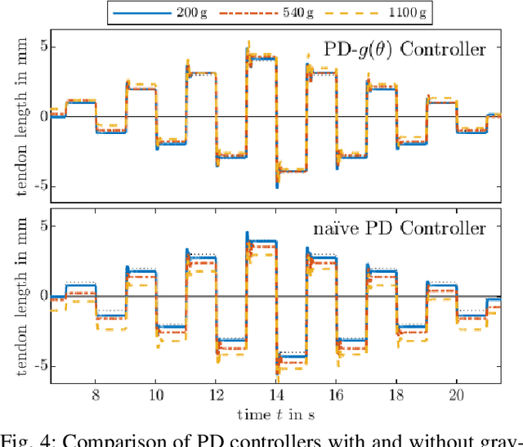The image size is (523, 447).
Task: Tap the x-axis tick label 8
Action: pyautogui.click(x=96, y=394)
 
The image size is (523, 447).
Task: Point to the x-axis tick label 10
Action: pyautogui.click(x=155, y=394)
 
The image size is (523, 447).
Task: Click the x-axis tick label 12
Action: pyautogui.click(x=216, y=394)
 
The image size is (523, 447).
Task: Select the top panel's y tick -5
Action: pyautogui.click(x=36, y=186)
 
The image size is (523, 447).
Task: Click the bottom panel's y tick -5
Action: pyautogui.click(x=36, y=366)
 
